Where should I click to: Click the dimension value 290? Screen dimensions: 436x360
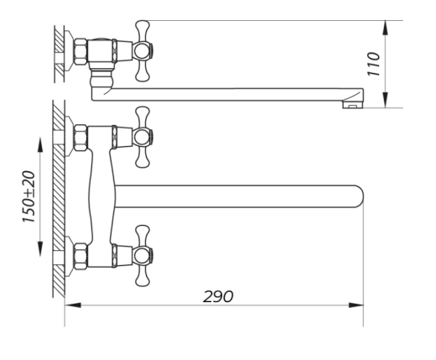[x=218, y=296]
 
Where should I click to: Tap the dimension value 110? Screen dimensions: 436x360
[x=374, y=64]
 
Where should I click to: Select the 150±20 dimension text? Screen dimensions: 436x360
[x=29, y=196]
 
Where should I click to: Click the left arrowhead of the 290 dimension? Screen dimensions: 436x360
[x=73, y=305]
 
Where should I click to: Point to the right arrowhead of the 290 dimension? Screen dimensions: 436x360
[x=356, y=305]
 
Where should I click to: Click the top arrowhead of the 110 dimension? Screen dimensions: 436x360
[x=386, y=28]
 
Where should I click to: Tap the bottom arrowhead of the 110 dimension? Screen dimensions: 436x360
[x=386, y=100]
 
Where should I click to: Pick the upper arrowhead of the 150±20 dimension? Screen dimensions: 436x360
[x=40, y=144]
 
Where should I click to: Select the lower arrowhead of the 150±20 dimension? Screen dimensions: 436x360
[x=40, y=248]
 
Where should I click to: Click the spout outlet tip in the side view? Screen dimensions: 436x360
[x=353, y=105]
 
